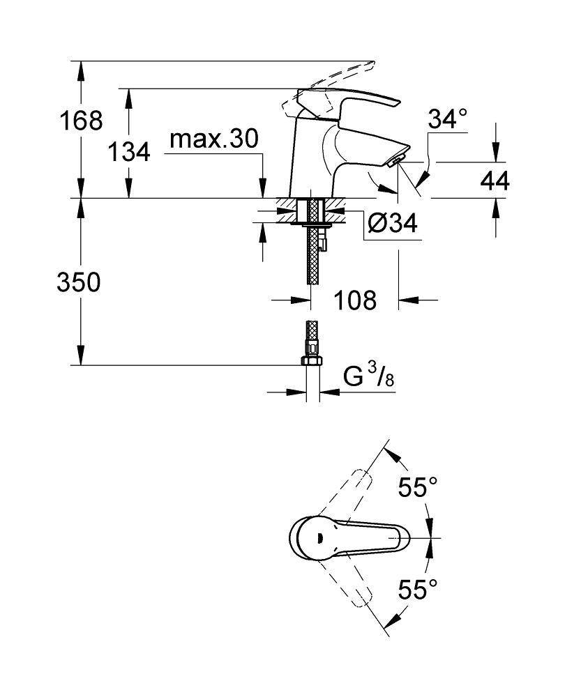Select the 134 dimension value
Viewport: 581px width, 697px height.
pos(129,151)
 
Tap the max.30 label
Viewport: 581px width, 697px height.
pos(214,139)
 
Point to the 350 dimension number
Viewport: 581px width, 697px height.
pos(78,283)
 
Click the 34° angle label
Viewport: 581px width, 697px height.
pos(447,119)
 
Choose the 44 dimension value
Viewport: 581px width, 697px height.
pos(495,181)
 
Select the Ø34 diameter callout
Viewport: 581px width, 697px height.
pos(392,223)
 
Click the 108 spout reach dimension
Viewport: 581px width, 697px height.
pos(354,300)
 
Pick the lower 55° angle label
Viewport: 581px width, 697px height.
pos(418,590)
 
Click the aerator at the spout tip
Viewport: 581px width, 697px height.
pos(395,162)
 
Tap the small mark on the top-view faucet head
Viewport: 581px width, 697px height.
pos(317,537)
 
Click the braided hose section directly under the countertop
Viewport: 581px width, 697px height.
pos(312,258)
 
